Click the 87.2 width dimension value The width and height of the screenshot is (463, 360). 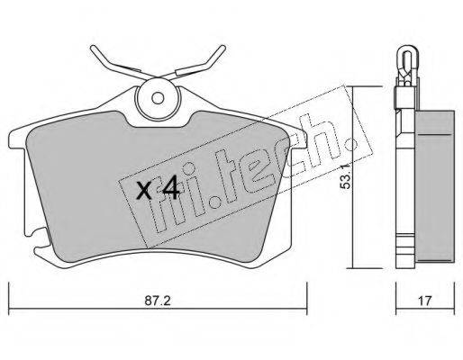click(158, 301)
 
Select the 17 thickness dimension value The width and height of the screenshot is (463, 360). click(424, 301)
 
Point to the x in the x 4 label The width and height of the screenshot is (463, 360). click(144, 191)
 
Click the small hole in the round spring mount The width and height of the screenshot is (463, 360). click(158, 98)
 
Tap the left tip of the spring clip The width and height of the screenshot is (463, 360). click(93, 48)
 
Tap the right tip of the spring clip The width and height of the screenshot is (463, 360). click(222, 48)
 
